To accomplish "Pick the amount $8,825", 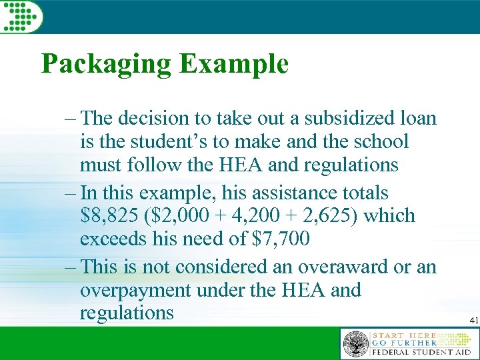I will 110,216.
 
